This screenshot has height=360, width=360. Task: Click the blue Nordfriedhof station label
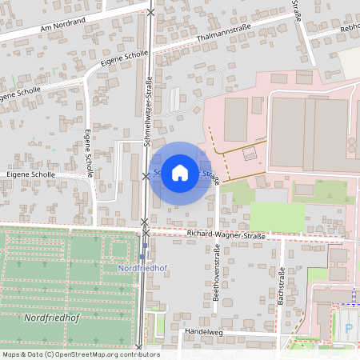142,268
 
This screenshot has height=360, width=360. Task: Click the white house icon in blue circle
180,172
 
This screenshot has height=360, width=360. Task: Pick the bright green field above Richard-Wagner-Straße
277,216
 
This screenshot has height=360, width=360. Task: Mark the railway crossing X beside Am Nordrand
152,12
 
